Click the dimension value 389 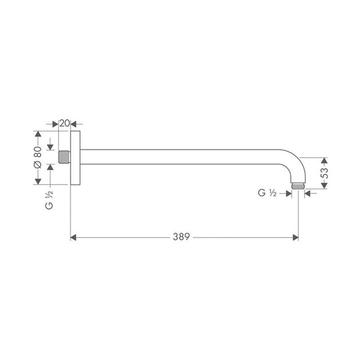click(181, 237)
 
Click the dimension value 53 click(325, 175)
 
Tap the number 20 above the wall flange click(65, 123)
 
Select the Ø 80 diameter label click(37, 157)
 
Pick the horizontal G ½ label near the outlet click(266, 193)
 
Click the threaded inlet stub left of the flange click(64, 158)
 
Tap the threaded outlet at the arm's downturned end click(296, 187)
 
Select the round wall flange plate click(76, 158)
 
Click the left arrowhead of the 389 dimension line click(74, 237)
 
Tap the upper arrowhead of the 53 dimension click(325, 161)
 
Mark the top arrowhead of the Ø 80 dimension click(38, 134)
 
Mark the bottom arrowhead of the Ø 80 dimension click(38, 181)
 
